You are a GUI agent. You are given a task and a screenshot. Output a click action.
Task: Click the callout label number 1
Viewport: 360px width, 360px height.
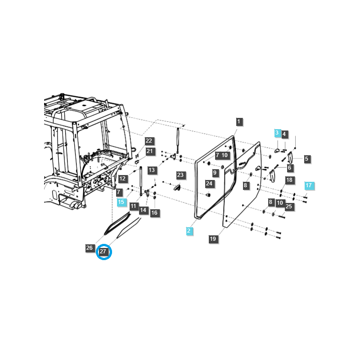239,121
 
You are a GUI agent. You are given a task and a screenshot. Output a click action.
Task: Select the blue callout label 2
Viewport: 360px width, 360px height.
189,231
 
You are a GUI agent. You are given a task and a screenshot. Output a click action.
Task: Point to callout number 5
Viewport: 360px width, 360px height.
306,159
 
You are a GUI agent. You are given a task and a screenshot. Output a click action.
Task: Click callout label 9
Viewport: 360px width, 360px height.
215,172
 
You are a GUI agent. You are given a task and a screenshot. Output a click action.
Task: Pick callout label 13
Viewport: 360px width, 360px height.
152,170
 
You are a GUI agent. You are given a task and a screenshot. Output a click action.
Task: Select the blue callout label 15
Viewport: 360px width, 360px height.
121,202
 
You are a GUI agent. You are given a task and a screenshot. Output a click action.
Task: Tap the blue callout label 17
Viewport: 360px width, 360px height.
308,185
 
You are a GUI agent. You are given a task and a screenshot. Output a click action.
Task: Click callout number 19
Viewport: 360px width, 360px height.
213,239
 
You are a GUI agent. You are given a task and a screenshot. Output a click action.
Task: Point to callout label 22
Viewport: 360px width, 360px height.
149,141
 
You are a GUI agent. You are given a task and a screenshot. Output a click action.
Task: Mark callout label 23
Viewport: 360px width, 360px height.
180,175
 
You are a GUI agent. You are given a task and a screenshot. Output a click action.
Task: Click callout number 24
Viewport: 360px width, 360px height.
209,184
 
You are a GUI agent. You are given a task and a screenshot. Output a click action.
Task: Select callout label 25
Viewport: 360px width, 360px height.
289,207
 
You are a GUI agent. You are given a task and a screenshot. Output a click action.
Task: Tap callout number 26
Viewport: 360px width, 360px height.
90,248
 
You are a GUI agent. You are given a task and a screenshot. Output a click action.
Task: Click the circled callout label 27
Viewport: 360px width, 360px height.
104,252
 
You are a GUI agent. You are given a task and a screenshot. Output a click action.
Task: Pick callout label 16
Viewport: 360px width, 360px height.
155,213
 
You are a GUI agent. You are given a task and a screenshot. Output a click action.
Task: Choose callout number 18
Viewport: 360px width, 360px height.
289,180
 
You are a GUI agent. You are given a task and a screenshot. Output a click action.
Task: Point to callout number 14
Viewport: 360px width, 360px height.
144,210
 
